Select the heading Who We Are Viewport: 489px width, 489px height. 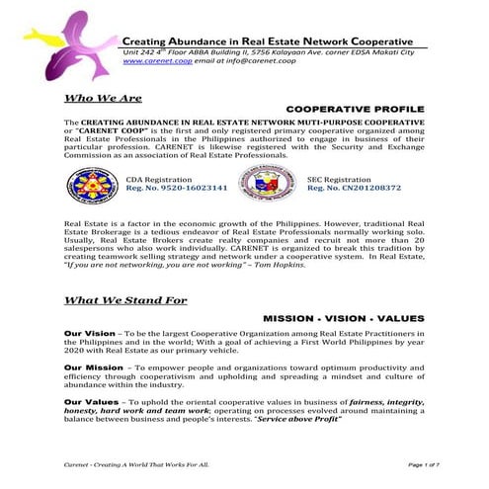103,98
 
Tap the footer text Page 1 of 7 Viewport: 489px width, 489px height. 405,464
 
